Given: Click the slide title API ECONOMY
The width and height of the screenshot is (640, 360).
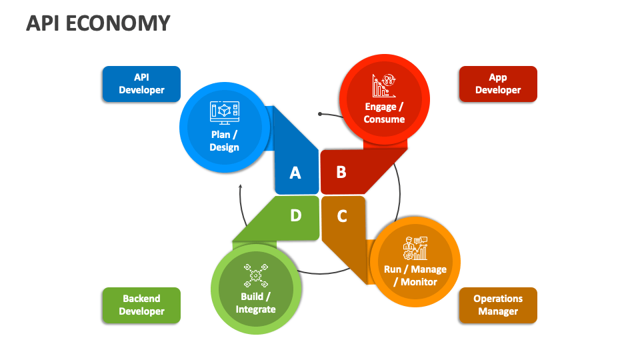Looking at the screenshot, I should (98, 23).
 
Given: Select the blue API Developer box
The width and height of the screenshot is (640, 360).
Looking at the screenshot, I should (141, 84).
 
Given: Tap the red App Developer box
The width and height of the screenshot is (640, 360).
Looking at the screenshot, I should (498, 84).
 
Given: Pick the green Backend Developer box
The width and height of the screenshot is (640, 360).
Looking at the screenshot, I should (141, 305).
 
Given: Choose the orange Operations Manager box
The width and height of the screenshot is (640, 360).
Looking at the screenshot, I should (498, 305).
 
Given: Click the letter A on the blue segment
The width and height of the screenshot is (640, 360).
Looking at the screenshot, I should (295, 173).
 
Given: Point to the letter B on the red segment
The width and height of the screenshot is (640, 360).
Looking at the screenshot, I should (341, 173).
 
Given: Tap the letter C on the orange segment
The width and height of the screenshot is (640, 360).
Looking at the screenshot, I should (342, 216).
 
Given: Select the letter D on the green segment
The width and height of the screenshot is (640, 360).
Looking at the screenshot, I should (296, 215).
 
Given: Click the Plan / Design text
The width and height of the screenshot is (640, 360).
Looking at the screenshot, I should (224, 141).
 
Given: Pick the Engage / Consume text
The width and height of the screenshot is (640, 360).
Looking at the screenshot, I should (384, 113).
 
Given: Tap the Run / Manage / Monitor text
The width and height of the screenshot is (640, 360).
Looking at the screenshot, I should (415, 275).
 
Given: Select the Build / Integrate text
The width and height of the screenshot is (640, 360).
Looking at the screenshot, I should (255, 303).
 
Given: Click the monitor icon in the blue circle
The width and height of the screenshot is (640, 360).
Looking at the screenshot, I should (224, 112).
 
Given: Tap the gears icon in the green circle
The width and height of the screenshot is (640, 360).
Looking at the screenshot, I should (255, 274).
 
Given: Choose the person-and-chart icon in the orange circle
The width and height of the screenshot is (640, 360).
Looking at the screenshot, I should (415, 249).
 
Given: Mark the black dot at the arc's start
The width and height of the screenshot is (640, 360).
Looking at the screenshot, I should (320, 114).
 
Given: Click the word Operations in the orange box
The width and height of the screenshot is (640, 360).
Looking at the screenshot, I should (498, 299).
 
